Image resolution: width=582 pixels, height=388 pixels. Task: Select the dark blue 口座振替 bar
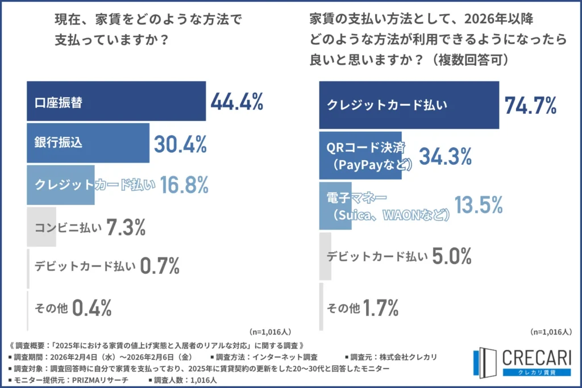click(116, 102)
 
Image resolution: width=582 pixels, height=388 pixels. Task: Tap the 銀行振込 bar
click(88, 143)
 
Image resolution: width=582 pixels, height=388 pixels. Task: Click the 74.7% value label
click(530, 105)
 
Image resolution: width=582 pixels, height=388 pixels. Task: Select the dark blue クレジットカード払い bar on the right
click(409, 105)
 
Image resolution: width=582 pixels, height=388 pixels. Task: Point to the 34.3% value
click(445, 155)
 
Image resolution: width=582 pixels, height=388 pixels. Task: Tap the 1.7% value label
click(380, 308)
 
